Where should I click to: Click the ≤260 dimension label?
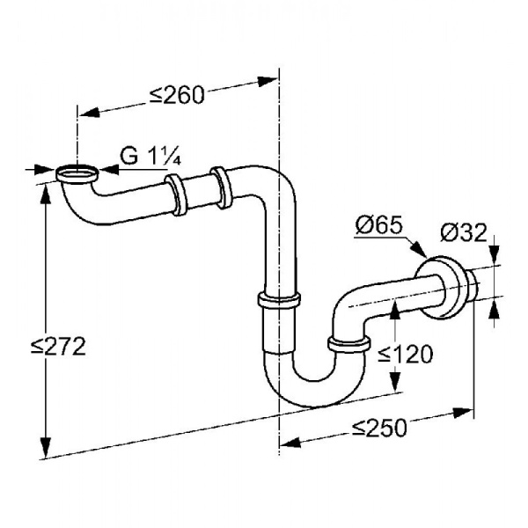[177, 95]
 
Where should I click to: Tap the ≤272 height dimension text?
[58, 347]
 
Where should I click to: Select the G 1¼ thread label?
[150, 156]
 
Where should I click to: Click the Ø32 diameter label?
[464, 232]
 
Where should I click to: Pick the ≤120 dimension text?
[406, 354]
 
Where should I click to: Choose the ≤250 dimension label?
[379, 428]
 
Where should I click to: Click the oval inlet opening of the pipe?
[77, 173]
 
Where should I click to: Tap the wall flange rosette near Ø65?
[437, 288]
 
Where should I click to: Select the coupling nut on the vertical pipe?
[279, 300]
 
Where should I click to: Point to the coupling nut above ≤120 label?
[349, 344]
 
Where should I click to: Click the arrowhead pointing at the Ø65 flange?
[420, 250]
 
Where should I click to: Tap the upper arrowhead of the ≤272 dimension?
[45, 195]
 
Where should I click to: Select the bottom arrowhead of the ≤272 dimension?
[45, 447]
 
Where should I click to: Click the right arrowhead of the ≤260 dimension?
[268, 81]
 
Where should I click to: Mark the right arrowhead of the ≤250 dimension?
[464, 412]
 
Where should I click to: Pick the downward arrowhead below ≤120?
[395, 381]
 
